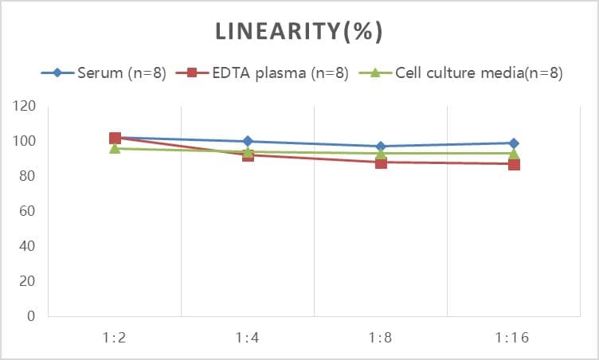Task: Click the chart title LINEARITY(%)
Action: point(299,31)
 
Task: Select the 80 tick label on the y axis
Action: point(28,176)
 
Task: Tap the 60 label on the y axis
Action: point(28,211)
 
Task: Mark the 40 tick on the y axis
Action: point(28,246)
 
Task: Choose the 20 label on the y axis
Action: point(28,281)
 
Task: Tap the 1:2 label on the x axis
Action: point(115,337)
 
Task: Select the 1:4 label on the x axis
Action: point(248,337)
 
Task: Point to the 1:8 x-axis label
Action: point(381,337)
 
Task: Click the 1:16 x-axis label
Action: point(514,337)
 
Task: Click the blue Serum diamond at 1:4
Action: point(248,141)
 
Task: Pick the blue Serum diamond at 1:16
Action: point(514,143)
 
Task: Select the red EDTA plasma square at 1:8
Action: point(381,162)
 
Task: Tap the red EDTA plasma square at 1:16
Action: point(514,164)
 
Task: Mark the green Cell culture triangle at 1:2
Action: point(115,148)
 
